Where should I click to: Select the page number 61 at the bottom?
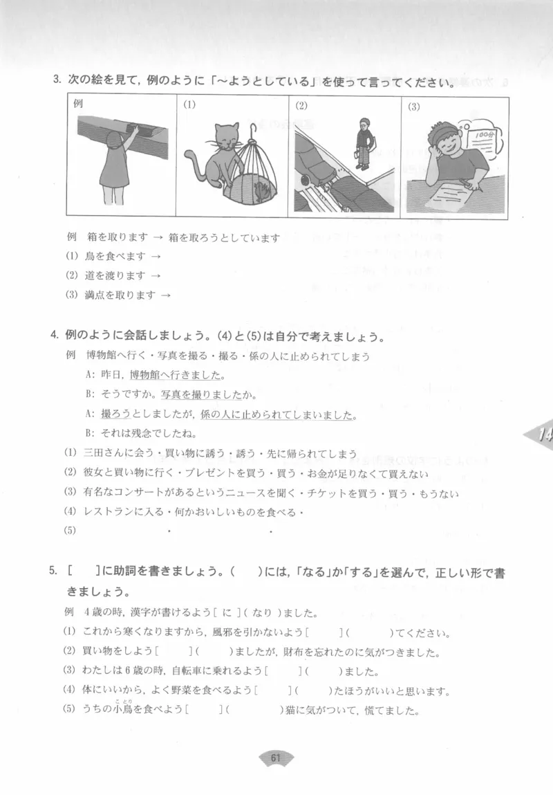(x=276, y=758)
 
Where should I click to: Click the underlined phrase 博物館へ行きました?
(x=178, y=376)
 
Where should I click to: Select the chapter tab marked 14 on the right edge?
(x=541, y=435)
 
